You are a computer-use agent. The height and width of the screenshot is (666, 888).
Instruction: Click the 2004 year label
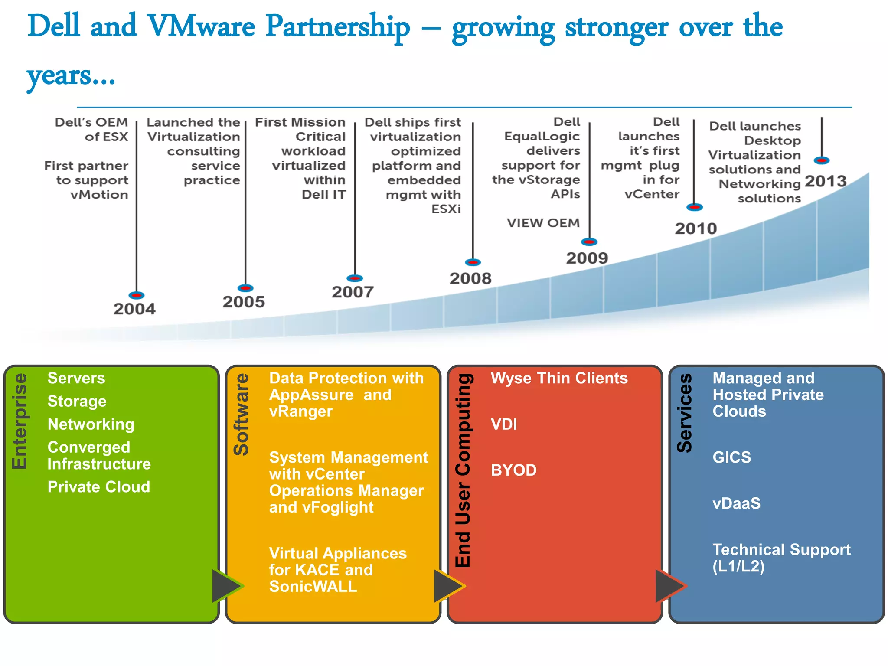coord(134,309)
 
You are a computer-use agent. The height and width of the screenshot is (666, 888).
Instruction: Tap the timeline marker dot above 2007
coord(355,278)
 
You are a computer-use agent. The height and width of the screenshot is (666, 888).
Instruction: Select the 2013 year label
coord(825,181)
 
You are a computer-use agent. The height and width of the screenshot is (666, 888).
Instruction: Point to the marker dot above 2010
coord(695,207)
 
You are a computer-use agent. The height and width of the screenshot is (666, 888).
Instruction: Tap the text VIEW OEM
coord(543,223)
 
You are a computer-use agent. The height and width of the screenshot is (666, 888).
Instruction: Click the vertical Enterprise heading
coord(20,421)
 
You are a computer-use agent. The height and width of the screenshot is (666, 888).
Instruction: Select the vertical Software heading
coord(242,414)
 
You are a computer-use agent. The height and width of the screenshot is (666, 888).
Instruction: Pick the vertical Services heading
coord(685,413)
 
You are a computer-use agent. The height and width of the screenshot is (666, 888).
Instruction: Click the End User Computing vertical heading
coord(463,470)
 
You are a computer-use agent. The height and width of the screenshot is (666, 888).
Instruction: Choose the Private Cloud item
coord(98,487)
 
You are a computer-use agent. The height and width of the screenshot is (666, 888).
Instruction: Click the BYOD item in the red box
coord(513,470)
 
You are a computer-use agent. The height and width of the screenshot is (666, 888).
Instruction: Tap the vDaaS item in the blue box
coord(736,503)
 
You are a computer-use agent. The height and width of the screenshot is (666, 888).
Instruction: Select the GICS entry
coord(731,457)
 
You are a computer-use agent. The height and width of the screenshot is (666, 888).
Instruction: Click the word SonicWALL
coord(313,587)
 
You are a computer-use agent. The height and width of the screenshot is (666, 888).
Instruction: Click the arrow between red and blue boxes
coord(670,586)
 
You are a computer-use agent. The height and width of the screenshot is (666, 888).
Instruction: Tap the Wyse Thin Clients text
coord(559,378)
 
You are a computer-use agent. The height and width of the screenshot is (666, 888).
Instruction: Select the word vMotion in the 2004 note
coord(99,195)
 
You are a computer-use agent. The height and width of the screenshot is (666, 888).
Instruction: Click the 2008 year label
coord(470,278)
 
